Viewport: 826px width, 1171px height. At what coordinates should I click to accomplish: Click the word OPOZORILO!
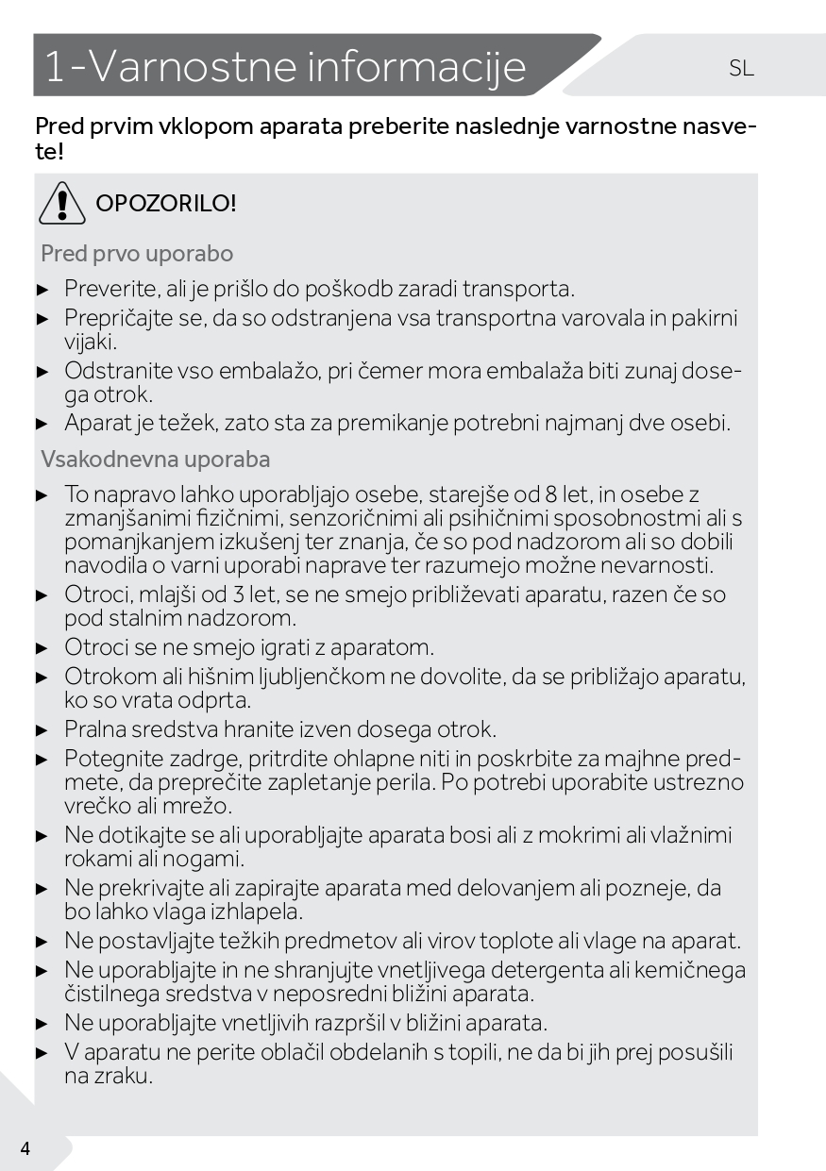click(x=166, y=203)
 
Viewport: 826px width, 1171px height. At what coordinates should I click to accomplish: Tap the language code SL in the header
click(x=741, y=68)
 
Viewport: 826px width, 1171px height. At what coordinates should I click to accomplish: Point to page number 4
click(x=25, y=1148)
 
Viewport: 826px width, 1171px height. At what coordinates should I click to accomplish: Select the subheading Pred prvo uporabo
click(x=137, y=254)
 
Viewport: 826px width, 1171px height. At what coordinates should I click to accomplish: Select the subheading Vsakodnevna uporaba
click(x=156, y=460)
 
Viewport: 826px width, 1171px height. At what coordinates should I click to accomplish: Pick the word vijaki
click(x=90, y=342)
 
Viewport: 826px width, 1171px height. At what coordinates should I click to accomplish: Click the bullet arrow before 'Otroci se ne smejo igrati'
click(x=42, y=649)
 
